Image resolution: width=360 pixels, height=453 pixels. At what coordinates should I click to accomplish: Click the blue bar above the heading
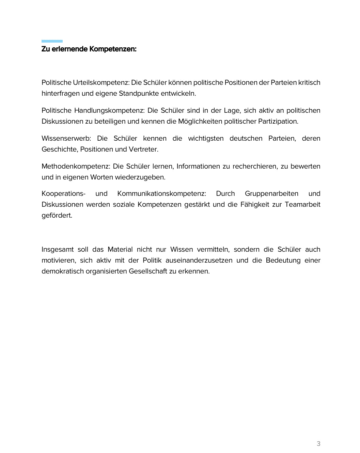(52, 41)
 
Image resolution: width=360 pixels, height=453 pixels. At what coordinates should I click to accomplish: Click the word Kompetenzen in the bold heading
(113, 49)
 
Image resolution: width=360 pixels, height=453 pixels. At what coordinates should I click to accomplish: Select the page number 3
(318, 443)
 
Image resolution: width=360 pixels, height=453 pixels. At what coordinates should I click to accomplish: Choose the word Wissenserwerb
(66, 139)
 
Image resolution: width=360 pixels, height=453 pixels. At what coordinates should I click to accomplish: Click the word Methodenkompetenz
(76, 167)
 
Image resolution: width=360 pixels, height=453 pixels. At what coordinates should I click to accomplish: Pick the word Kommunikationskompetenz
(161, 194)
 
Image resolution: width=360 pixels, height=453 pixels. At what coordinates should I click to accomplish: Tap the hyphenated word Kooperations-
(63, 194)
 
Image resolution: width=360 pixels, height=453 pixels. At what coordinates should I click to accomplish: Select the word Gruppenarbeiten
(271, 194)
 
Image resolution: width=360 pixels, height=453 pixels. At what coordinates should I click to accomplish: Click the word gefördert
(57, 216)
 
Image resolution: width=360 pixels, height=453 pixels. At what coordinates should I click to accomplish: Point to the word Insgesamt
(58, 250)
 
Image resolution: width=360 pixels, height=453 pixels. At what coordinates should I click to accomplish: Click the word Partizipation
(278, 122)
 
